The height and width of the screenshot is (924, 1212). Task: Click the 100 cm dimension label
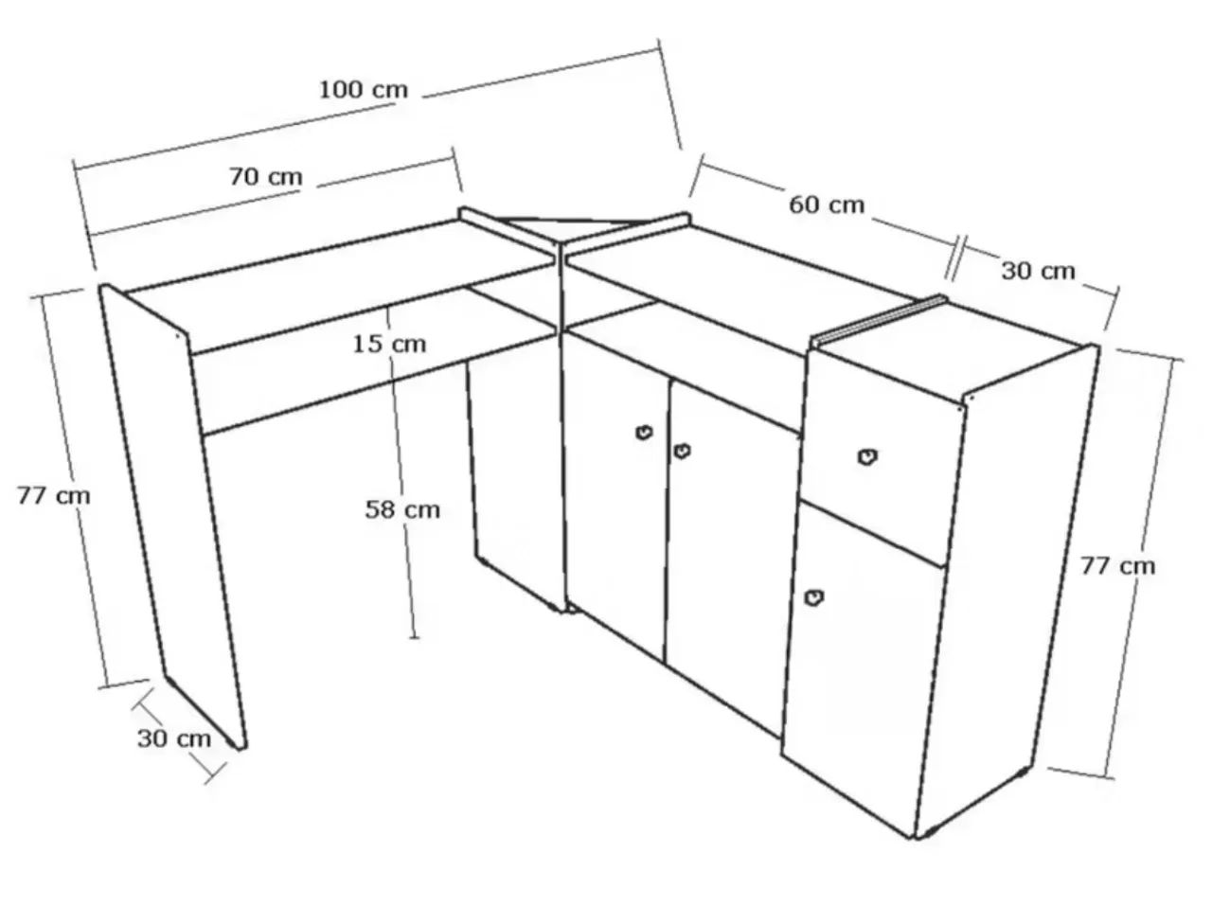point(364,90)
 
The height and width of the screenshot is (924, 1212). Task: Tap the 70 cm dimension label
point(266,177)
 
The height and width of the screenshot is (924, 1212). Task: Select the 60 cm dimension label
point(826,205)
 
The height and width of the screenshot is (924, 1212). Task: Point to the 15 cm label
point(389,345)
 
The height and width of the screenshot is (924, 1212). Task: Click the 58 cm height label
point(402,509)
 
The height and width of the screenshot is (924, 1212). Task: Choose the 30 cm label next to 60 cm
point(1038,271)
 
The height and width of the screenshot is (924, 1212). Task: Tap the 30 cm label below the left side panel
point(174,738)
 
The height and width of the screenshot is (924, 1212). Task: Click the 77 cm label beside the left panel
point(54,496)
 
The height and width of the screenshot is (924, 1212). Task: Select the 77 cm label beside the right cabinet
point(1117,566)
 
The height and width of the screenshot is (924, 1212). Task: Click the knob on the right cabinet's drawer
point(867,456)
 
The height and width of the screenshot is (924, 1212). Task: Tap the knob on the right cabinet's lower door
point(814,597)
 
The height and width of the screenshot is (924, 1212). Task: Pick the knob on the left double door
point(644,433)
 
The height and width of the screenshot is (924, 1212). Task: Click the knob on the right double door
point(682,451)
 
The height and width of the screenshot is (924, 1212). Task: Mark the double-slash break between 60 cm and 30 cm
point(955,258)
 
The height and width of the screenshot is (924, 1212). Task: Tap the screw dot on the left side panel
point(178,334)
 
